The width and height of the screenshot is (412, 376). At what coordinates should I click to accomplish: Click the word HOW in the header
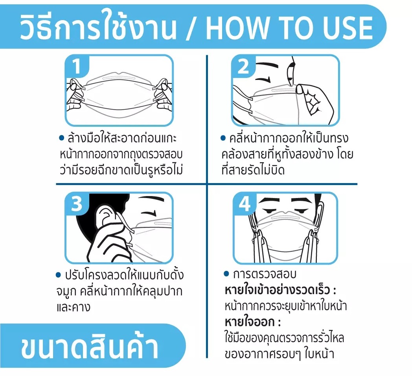click(237, 28)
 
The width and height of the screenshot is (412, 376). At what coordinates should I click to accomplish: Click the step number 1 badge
click(76, 66)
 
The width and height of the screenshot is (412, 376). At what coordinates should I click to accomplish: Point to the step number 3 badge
click(77, 204)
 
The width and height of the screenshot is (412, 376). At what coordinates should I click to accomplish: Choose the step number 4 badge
click(245, 204)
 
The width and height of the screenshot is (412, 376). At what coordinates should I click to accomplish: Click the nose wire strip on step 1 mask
click(118, 78)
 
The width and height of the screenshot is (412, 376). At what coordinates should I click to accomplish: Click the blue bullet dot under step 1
click(62, 138)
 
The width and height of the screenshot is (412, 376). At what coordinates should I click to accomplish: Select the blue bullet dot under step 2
click(223, 138)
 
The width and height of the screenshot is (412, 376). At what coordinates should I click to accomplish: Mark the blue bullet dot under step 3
click(58, 275)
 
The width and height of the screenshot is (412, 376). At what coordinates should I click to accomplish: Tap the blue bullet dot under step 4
click(226, 274)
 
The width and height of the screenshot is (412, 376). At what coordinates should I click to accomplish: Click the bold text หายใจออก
click(250, 322)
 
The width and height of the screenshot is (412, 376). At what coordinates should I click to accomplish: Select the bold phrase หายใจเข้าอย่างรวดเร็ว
click(277, 290)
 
